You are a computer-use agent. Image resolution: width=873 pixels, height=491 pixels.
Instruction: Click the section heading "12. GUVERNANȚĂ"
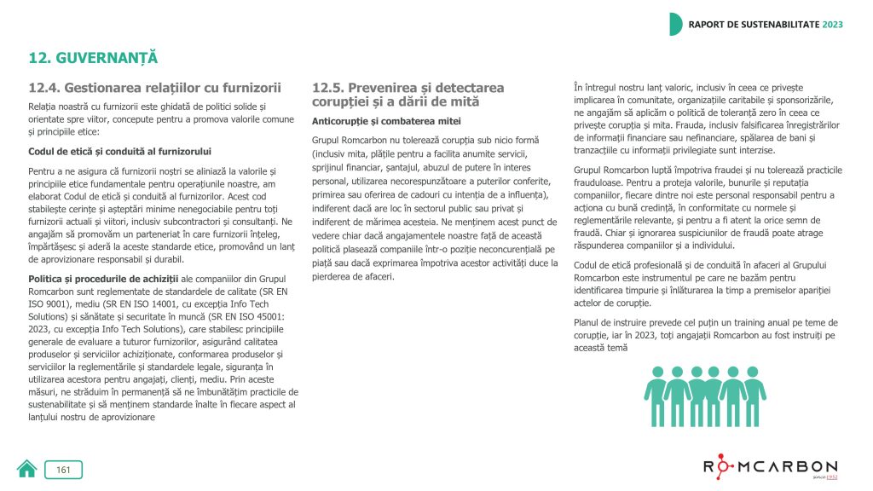pyautogui.click(x=94, y=58)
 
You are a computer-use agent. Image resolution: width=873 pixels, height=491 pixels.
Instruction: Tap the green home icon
pyautogui.click(x=26, y=469)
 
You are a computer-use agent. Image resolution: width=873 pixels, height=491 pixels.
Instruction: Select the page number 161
pyautogui.click(x=63, y=469)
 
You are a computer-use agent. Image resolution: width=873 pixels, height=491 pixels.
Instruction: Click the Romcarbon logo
pyautogui.click(x=770, y=467)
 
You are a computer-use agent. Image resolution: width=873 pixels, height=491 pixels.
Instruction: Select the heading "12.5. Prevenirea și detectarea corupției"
pyautogui.click(x=408, y=94)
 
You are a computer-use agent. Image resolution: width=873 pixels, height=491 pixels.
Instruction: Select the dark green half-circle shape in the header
pyautogui.click(x=676, y=24)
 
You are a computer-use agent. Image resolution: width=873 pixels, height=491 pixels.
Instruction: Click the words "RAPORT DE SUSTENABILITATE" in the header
pyautogui.click(x=753, y=24)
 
